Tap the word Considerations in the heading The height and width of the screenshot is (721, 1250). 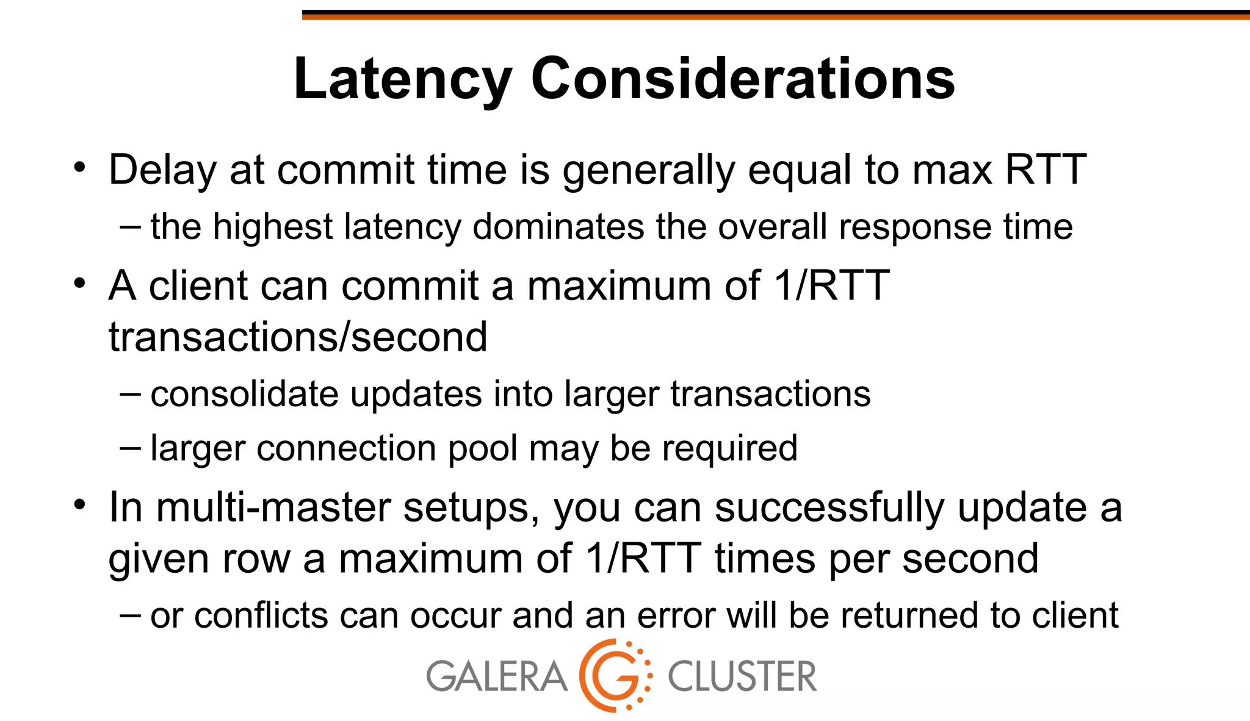point(743,79)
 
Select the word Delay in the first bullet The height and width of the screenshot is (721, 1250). point(162,170)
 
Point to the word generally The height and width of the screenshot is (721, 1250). point(649,170)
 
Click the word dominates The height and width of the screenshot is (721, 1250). point(558,227)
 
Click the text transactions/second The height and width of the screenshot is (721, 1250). point(298,337)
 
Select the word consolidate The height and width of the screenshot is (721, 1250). point(244,394)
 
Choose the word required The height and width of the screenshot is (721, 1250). point(730,448)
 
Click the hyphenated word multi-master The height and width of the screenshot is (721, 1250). point(273,508)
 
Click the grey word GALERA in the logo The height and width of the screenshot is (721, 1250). point(496,677)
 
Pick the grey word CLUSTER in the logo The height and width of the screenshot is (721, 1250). point(742,677)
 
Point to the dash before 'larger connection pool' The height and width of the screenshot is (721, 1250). point(130,447)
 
